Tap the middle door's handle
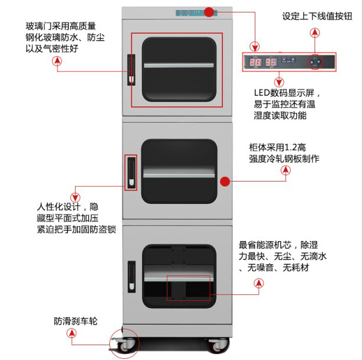coord(131,171)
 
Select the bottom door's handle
coord(131,275)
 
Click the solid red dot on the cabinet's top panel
coord(209,12)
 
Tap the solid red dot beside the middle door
coord(224,181)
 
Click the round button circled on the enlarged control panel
coord(316,61)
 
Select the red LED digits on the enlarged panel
coord(263,61)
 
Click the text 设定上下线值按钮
coord(316,17)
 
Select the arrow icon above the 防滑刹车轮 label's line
coord(73,334)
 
